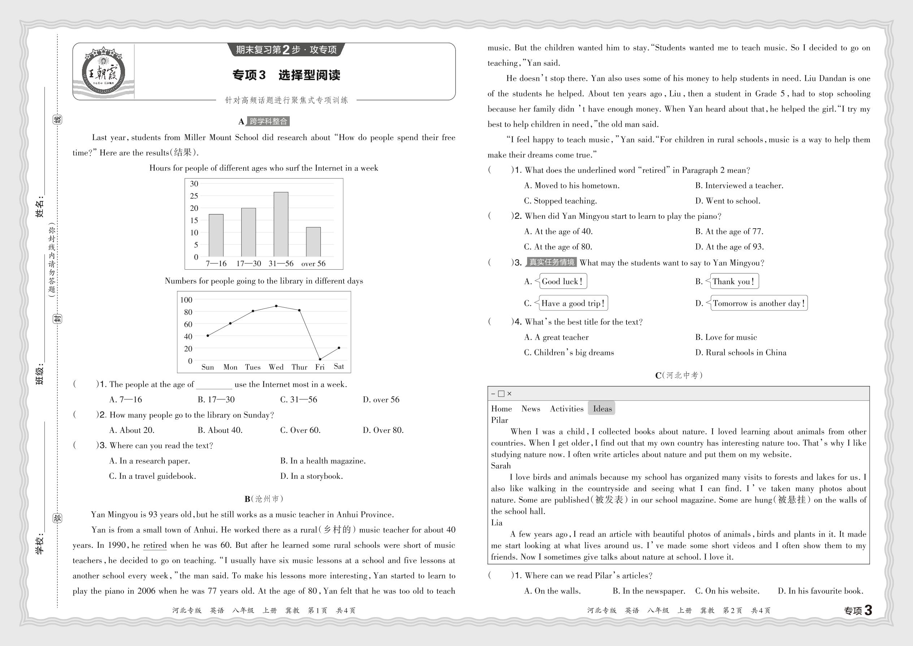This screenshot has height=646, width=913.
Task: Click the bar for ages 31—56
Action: click(281, 224)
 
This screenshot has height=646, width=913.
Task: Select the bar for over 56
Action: click(313, 242)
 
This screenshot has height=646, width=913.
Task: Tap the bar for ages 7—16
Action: click(216, 235)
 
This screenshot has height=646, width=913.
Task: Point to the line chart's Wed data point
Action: click(276, 306)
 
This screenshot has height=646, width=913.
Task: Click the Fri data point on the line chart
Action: click(320, 359)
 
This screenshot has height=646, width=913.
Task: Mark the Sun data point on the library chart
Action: click(208, 336)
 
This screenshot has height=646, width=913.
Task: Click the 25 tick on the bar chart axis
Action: click(194, 196)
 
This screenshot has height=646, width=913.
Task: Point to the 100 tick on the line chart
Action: click(186, 300)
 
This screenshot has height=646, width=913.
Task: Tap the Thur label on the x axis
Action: click(299, 367)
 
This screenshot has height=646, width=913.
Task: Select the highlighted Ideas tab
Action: click(602, 408)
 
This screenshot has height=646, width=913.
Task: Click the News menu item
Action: click(530, 408)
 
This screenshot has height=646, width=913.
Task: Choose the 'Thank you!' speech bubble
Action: click(733, 281)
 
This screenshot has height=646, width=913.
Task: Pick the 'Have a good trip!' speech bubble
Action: click(572, 303)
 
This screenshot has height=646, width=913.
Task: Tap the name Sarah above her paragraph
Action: click(501, 465)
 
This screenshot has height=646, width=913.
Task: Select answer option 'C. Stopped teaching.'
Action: click(560, 201)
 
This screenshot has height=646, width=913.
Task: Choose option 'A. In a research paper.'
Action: click(150, 461)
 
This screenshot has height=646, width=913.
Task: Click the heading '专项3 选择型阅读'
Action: click(286, 75)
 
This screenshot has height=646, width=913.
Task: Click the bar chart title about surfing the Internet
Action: click(263, 168)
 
